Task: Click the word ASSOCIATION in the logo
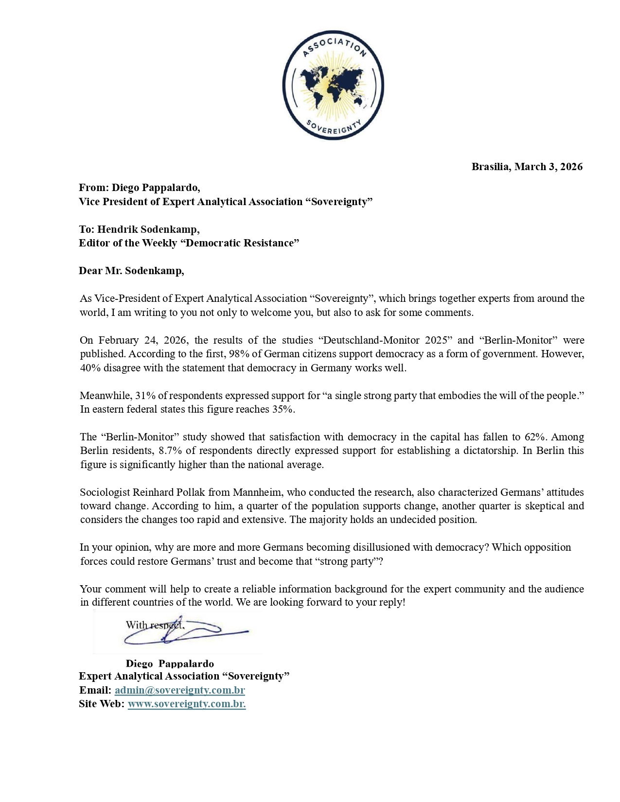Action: pos(333,45)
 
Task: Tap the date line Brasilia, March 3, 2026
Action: pos(527,167)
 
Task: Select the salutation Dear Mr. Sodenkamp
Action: pos(131,271)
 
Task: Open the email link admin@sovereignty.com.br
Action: pos(179,690)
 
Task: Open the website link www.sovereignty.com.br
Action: pos(186,704)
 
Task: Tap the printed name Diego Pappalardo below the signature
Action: pos(170,663)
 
